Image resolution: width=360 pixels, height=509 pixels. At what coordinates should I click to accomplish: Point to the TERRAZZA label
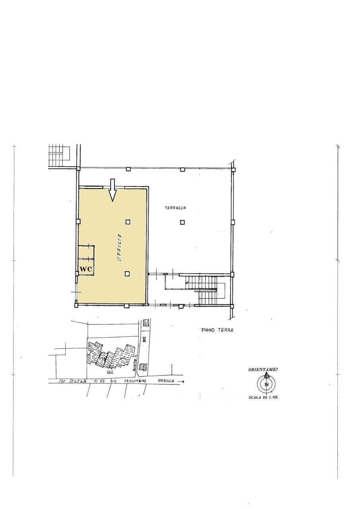click(x=176, y=208)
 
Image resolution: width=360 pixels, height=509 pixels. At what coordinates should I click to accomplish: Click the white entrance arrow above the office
click(x=113, y=190)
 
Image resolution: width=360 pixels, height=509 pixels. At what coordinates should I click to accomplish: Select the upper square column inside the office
click(x=128, y=222)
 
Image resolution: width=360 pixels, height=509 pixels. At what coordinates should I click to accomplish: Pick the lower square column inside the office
click(x=127, y=274)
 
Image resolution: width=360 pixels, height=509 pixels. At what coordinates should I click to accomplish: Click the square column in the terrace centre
click(x=182, y=222)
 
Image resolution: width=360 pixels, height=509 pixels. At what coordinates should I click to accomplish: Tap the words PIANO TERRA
click(x=217, y=330)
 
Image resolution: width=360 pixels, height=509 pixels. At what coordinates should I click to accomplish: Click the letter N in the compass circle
click(x=267, y=385)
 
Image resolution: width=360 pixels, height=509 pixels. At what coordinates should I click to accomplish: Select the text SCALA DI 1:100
click(x=263, y=398)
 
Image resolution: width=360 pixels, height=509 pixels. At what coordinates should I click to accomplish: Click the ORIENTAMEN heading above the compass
click(x=263, y=369)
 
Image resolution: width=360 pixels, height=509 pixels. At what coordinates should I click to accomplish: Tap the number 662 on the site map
click(x=111, y=373)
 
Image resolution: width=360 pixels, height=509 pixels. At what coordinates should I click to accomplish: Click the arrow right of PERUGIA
click(x=181, y=381)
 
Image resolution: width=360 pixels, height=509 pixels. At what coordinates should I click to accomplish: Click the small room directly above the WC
click(x=86, y=252)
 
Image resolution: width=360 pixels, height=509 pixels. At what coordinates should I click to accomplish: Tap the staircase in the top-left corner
click(x=59, y=156)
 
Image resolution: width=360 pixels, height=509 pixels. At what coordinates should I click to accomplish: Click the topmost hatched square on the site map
click(x=146, y=322)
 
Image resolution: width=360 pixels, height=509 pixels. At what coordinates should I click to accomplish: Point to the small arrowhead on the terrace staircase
click(x=187, y=283)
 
